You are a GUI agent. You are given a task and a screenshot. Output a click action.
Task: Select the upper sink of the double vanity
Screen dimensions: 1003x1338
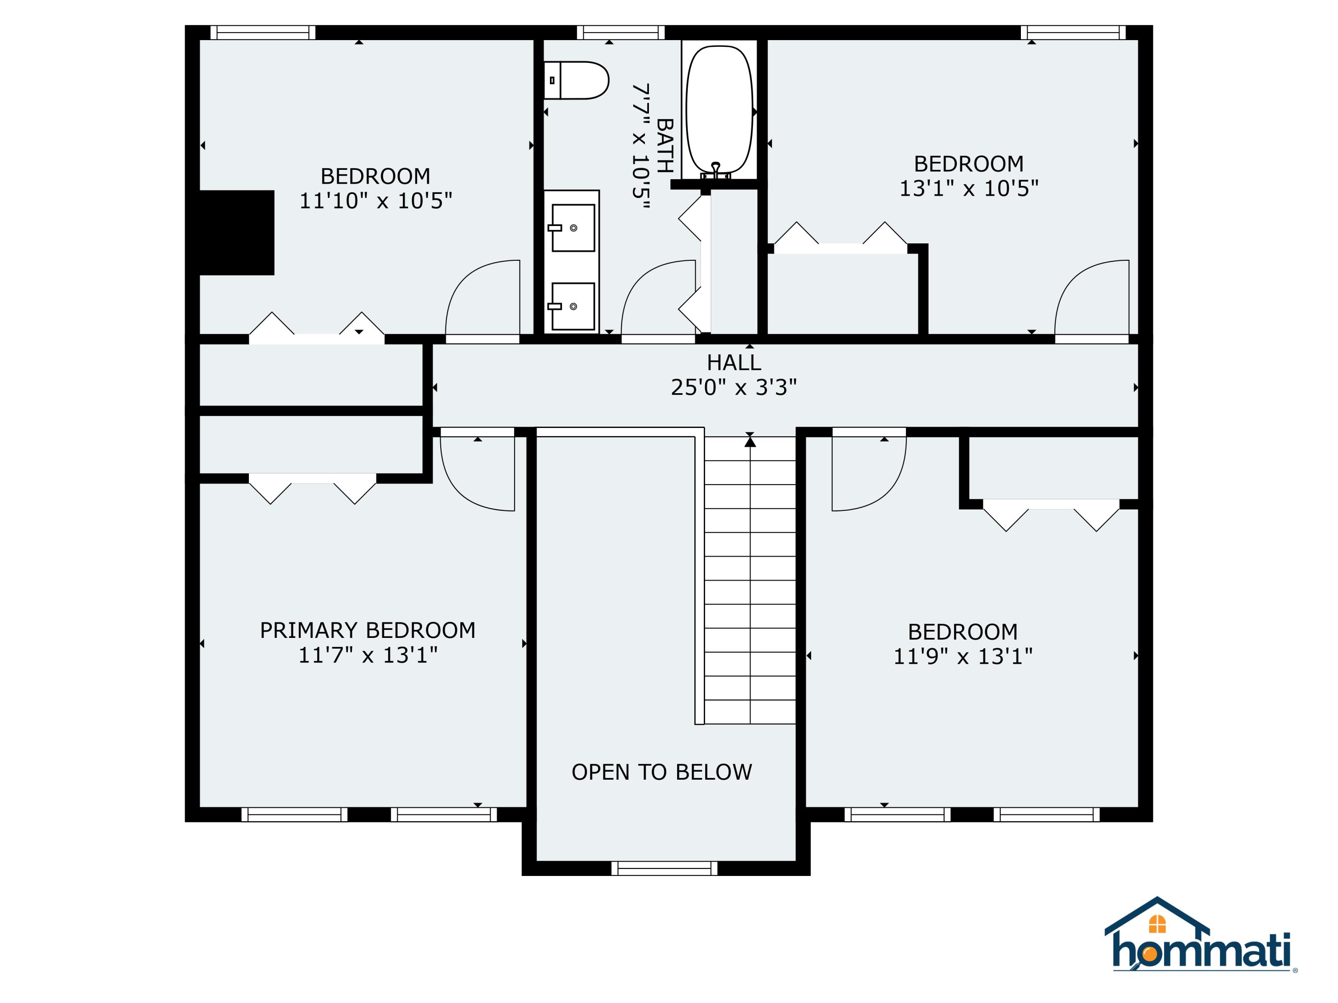coord(572,227)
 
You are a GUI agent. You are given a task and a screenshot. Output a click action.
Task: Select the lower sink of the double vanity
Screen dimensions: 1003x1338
coord(572,306)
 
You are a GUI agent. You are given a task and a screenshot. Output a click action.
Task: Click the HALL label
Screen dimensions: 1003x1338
coord(734,363)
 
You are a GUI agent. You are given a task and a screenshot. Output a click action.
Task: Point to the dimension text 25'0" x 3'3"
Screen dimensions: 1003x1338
coord(734,387)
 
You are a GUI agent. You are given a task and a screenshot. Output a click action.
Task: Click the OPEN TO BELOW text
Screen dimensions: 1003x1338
coord(662,772)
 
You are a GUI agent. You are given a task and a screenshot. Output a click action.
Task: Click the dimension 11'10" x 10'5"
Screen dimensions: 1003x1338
coord(376,201)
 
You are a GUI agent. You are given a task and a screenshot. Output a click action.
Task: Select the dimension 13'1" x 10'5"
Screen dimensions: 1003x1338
coord(968,189)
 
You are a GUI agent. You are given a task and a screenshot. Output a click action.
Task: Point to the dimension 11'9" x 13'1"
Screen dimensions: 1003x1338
coord(963,657)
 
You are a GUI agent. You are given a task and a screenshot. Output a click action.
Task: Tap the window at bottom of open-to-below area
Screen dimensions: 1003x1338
coord(664,869)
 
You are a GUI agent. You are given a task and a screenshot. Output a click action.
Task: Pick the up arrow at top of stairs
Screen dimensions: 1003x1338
coord(750,442)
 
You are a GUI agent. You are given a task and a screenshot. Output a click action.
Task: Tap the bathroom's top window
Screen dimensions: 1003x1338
coord(621,33)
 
